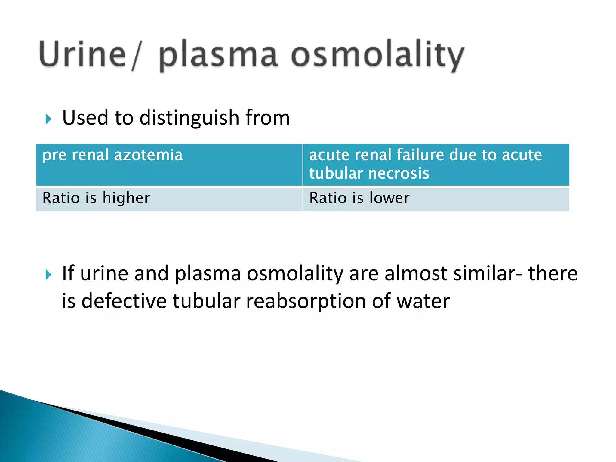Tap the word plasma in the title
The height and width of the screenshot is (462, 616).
coord(218,56)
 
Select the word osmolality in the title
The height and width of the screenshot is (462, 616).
coord(377,56)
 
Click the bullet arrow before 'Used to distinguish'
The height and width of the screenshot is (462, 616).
coord(48,119)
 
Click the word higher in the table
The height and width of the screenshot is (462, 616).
coord(126,198)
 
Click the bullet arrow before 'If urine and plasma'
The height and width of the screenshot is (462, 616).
coord(48,275)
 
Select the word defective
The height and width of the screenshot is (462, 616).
coord(124,301)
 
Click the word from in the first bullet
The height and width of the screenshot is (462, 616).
coord(267,118)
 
